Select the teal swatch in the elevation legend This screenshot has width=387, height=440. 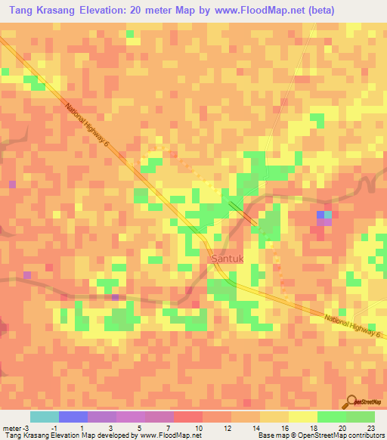45,417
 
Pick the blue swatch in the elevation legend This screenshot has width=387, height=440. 73,417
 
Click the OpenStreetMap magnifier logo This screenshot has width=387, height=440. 351,402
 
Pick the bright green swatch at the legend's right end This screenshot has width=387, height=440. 361,417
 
